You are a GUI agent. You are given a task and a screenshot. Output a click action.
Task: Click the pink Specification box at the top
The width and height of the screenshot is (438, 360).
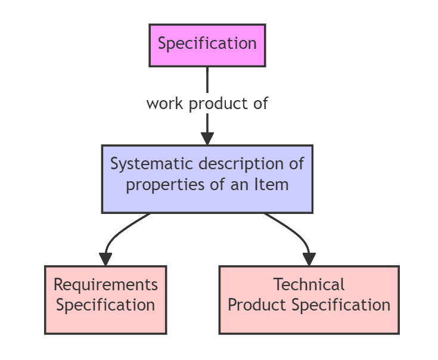207,45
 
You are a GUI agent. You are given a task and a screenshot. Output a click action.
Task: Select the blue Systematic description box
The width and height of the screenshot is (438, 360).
207,179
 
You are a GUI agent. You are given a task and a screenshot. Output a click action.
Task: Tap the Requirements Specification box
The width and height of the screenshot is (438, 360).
105,299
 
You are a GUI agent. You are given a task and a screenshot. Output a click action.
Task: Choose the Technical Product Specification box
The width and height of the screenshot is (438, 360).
309,299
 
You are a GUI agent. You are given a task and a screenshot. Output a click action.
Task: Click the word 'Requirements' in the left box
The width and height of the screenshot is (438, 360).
105,285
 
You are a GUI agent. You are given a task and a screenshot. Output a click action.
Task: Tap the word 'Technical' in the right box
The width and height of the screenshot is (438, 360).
309,285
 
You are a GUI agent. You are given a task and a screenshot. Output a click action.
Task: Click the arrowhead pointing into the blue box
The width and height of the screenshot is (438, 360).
207,138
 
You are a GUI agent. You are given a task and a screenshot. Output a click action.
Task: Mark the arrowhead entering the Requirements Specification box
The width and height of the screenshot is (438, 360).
105,259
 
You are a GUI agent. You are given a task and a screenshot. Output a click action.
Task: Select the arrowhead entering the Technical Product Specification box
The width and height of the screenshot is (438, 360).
309,259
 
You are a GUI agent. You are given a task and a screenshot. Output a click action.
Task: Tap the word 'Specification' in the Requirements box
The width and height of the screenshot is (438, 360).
105,305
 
